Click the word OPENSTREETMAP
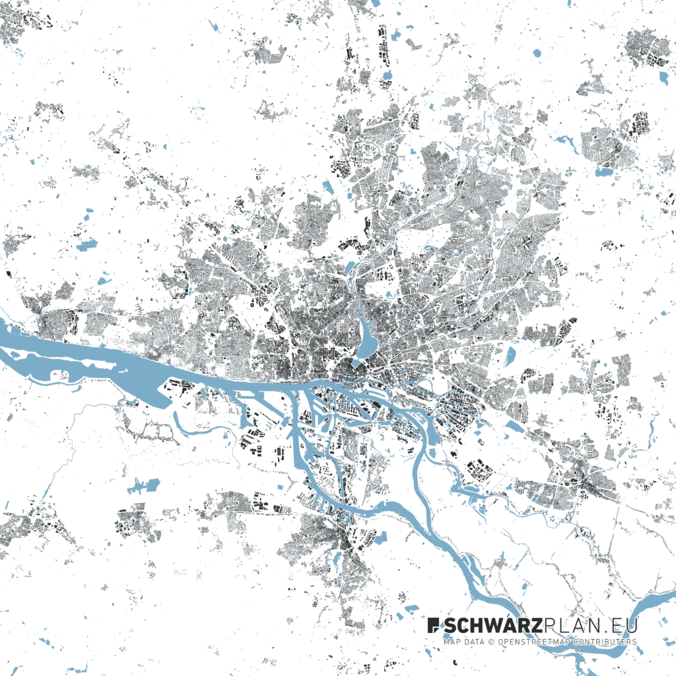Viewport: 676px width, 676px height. [x=531, y=642]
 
